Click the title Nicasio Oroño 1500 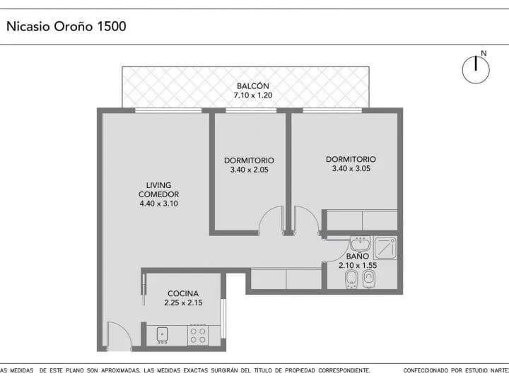pos(66,26)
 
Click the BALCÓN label pos(253,86)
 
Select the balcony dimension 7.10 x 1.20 pos(253,95)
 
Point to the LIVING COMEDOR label pos(159,190)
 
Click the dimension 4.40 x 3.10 pos(159,204)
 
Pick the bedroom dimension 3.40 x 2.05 pos(250,170)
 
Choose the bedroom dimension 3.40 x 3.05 pos(351,168)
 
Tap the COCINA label pos(183,293)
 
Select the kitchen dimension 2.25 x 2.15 pos(183,302)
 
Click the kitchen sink pos(162,335)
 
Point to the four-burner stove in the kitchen pos(198,336)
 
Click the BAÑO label pos(358,256)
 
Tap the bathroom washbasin pos(361,243)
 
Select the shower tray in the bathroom pos(385,247)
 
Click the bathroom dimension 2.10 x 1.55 pos(358,265)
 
